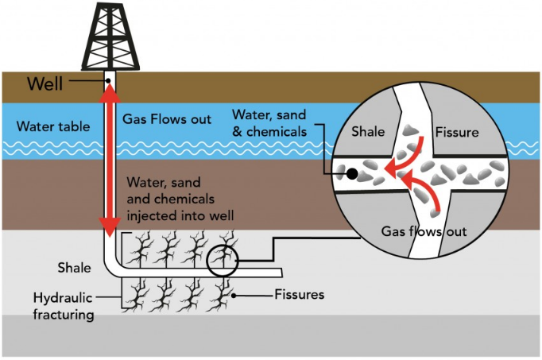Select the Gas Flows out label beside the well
(167, 119)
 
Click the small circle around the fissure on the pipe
(222, 260)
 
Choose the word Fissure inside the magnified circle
(458, 133)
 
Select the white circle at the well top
(109, 79)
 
